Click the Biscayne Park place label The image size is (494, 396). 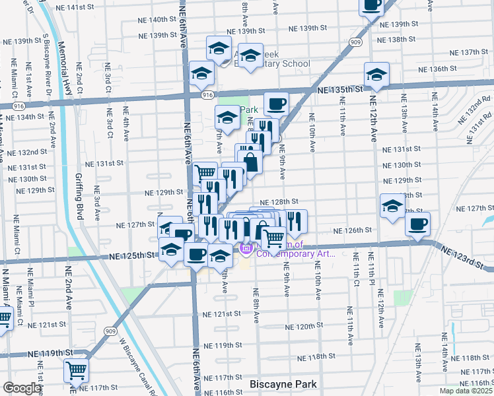283,383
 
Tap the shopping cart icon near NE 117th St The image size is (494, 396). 77,371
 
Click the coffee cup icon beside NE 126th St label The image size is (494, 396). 417,224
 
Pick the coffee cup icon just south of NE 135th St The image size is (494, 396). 276,103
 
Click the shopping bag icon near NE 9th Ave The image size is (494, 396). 251,160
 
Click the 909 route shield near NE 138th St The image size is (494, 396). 356,42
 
